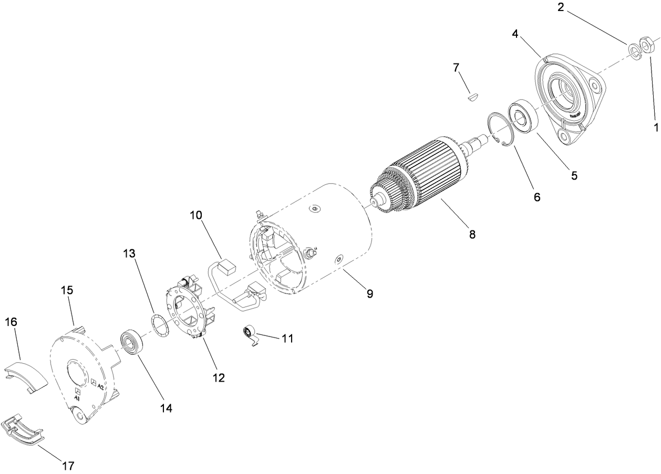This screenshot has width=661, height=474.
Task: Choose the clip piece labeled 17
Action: tap(24, 429)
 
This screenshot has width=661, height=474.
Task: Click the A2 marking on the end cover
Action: tap(99, 386)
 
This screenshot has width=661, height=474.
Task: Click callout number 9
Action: tap(369, 293)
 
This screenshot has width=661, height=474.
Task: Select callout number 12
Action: tap(218, 377)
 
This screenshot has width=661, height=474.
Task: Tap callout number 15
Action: tap(67, 290)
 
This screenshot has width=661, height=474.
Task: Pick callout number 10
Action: tap(196, 215)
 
